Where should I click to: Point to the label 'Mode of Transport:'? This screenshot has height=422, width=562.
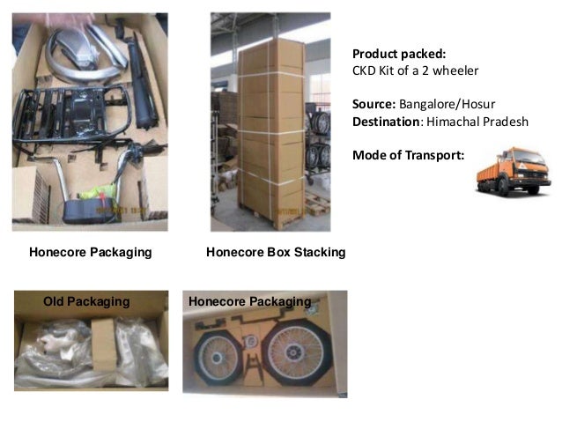pyautogui.click(x=408, y=155)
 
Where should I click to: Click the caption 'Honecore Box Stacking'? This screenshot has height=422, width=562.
pyautogui.click(x=275, y=253)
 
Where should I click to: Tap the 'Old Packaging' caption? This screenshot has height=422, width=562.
pyautogui.click(x=86, y=301)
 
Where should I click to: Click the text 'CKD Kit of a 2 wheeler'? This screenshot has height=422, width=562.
pyautogui.click(x=415, y=70)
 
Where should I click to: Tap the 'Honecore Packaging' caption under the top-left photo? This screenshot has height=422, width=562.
pyautogui.click(x=90, y=253)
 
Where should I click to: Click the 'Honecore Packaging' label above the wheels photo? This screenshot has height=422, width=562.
pyautogui.click(x=249, y=302)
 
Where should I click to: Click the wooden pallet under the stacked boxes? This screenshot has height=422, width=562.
pyautogui.click(x=271, y=217)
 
